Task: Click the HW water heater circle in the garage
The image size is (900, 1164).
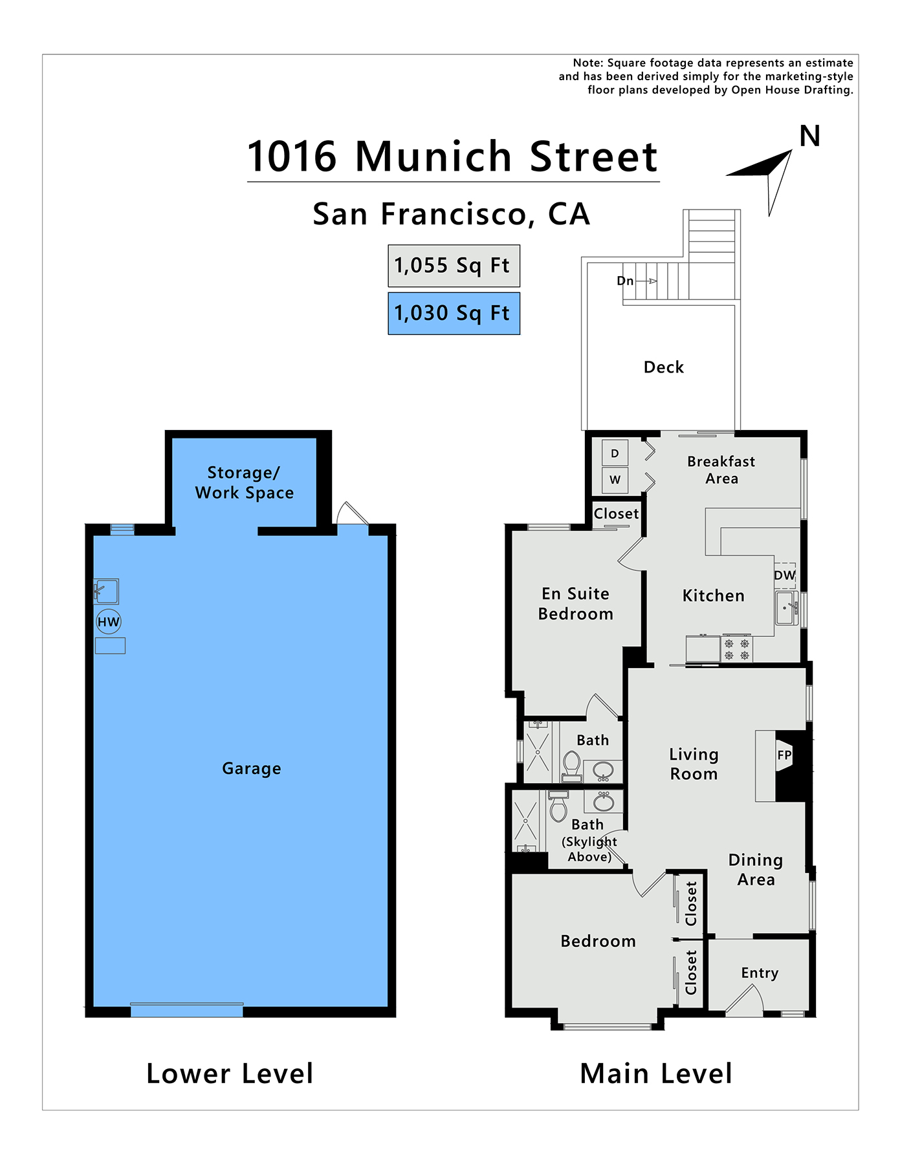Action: (x=109, y=622)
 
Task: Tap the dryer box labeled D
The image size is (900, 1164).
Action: (x=615, y=453)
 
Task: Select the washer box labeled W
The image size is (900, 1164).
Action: (x=615, y=480)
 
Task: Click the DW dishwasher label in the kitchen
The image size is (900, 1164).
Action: (x=785, y=575)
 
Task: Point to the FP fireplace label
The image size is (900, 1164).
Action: (x=784, y=755)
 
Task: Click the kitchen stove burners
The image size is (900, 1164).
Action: (x=737, y=649)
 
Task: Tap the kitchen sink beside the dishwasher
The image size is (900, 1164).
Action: (x=787, y=608)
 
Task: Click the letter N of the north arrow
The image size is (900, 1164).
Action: (x=810, y=136)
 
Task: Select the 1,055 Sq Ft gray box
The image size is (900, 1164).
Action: (x=454, y=266)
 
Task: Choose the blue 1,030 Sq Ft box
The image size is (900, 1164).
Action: (x=454, y=314)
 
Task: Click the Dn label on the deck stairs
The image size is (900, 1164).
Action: (x=625, y=281)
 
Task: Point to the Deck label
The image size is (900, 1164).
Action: (x=664, y=367)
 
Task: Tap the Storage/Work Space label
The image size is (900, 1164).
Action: (x=245, y=482)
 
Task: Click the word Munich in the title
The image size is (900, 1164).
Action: (x=434, y=156)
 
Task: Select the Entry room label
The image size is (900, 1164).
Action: (x=760, y=973)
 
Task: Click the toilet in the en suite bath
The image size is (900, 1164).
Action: (x=571, y=765)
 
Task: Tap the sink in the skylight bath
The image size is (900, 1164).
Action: (x=604, y=802)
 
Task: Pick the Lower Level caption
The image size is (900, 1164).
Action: (x=230, y=1074)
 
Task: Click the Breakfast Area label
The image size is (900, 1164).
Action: (x=721, y=470)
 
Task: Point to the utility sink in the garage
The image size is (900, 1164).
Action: (x=106, y=591)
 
